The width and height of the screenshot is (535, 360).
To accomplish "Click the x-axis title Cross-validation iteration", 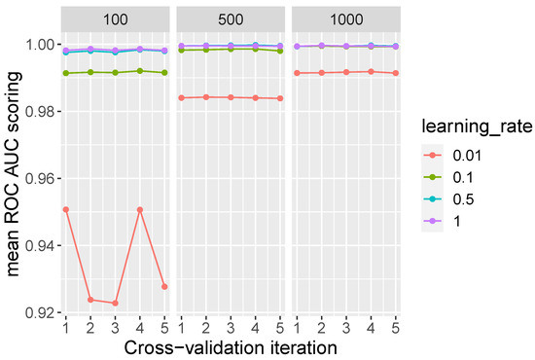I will click(x=230, y=344).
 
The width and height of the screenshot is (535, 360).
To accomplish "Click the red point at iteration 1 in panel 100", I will click(x=65, y=209).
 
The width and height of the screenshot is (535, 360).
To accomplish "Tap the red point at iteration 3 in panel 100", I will click(x=116, y=303).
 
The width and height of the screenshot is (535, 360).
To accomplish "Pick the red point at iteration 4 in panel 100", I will click(x=140, y=209).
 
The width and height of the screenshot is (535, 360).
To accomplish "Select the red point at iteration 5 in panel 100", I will click(x=165, y=286).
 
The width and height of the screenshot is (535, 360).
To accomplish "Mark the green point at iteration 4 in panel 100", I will click(x=140, y=71).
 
